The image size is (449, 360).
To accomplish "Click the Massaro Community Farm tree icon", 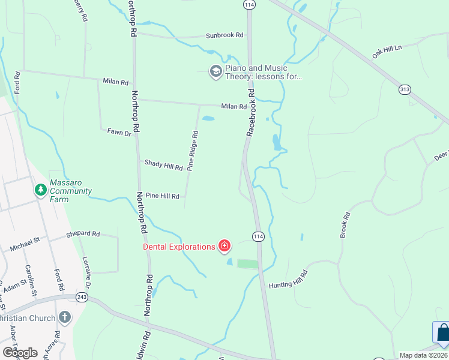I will click(x=41, y=191).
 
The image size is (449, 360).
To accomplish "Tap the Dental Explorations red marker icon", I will click(x=224, y=245).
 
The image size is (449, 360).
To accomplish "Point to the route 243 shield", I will click(x=82, y=298).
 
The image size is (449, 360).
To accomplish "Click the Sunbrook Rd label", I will click(x=225, y=36).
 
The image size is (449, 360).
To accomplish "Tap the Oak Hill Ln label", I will click(x=385, y=50).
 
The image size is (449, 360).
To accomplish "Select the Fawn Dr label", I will click(x=119, y=132).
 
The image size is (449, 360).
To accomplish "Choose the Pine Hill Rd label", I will click(x=163, y=196).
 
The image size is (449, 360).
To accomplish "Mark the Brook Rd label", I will click(x=345, y=225).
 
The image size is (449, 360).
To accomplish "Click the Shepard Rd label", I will click(x=83, y=233).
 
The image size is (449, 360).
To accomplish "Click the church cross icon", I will click(x=64, y=317).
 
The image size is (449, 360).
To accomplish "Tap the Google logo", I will click(x=20, y=352).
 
